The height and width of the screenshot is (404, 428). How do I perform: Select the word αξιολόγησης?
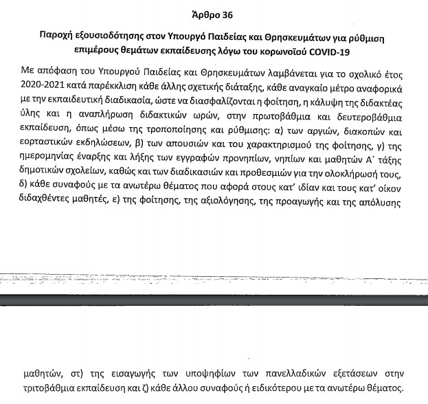tap(238, 205)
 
